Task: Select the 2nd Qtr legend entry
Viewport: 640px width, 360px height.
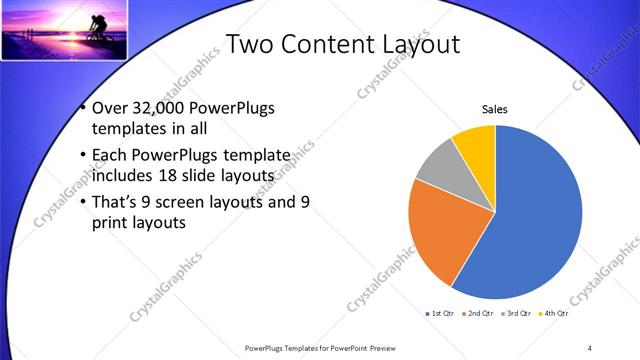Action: [x=479, y=314]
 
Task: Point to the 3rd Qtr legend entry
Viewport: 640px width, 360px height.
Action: [x=517, y=314]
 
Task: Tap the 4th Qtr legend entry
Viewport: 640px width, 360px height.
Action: [x=554, y=314]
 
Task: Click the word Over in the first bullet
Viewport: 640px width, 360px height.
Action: [x=110, y=110]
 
